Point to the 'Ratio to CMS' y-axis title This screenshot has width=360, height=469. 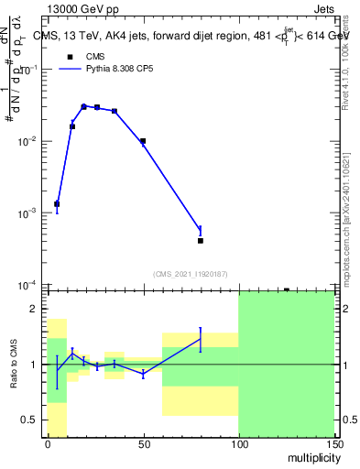(15, 363)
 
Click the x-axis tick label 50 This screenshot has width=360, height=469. (143, 443)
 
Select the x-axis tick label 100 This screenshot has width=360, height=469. (238, 443)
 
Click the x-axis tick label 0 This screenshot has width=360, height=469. (48, 443)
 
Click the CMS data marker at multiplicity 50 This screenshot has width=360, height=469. (143, 141)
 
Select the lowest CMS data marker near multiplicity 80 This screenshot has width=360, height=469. (200, 241)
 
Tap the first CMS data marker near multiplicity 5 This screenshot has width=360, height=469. (57, 204)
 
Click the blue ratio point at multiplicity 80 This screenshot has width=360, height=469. (200, 340)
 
